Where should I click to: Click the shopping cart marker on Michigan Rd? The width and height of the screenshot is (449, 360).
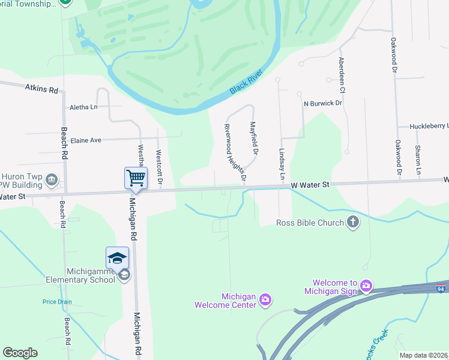(136, 178)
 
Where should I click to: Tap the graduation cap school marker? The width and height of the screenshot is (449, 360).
(117, 259)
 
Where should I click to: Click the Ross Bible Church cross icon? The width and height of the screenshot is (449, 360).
(353, 223)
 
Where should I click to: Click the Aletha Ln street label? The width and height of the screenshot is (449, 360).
(83, 107)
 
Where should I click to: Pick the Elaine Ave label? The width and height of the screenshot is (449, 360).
(86, 140)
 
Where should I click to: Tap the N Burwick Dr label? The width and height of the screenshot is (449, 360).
(322, 103)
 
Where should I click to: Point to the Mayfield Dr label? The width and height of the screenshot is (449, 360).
(253, 138)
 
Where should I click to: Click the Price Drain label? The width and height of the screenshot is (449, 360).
(56, 302)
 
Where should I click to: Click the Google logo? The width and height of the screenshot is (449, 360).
(20, 353)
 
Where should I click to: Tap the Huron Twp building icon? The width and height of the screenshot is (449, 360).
(52, 178)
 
